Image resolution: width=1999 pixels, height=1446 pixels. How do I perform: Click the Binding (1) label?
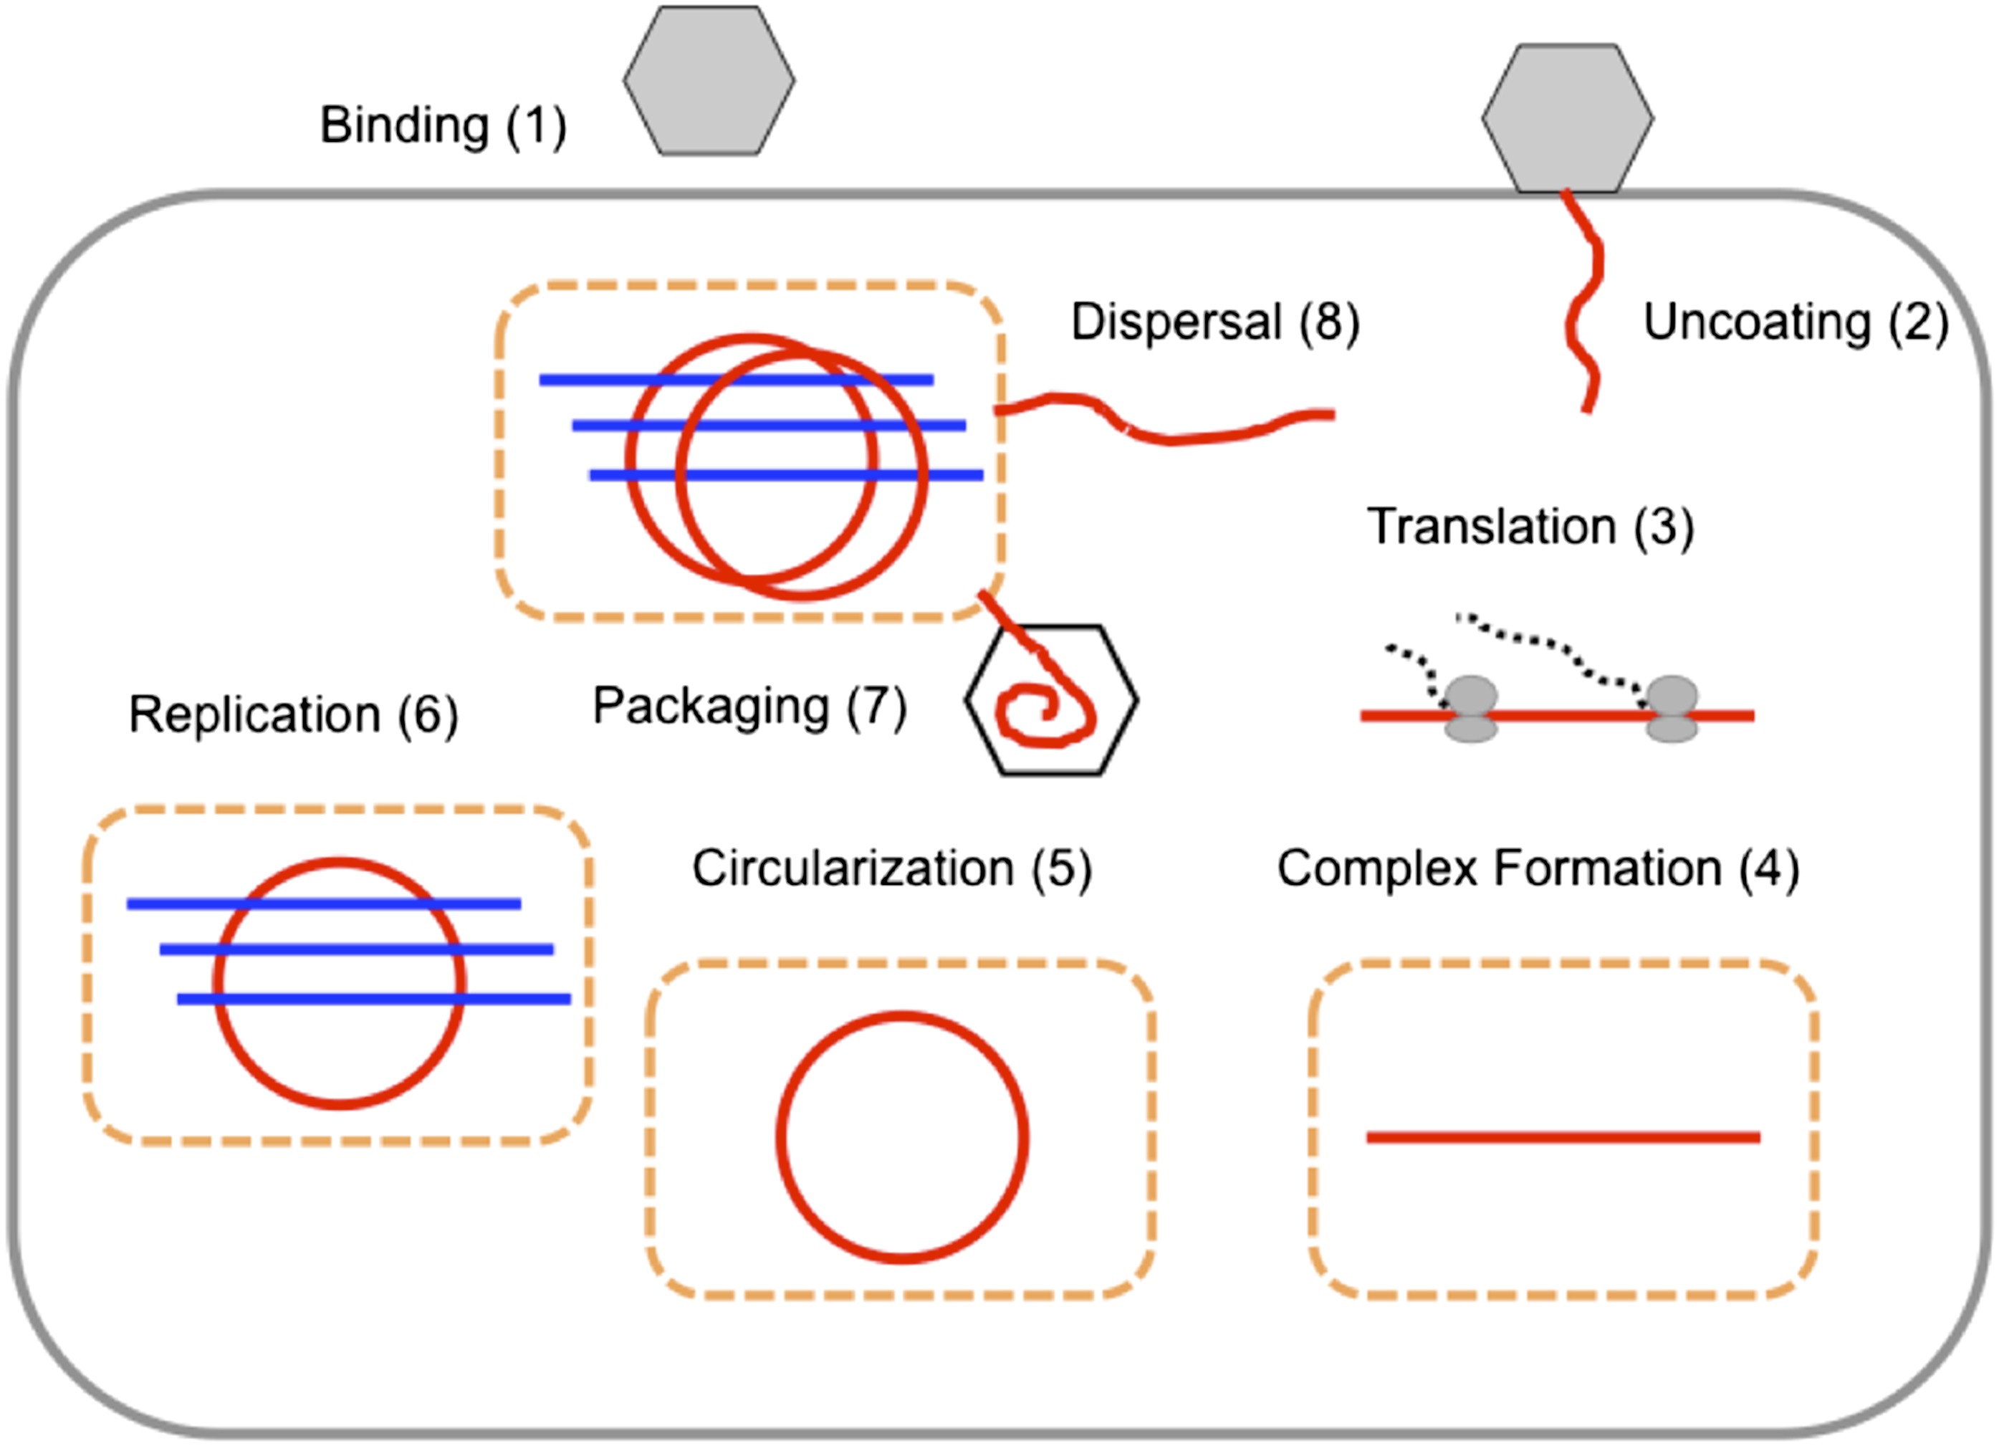[x=443, y=125]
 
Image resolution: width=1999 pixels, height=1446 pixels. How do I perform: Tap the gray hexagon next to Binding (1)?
[x=709, y=80]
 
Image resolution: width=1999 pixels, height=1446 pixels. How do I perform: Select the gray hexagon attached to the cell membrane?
[x=1567, y=118]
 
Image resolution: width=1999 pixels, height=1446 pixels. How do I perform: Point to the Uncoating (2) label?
[x=1796, y=322]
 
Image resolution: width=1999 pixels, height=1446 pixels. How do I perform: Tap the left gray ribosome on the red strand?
[x=1470, y=708]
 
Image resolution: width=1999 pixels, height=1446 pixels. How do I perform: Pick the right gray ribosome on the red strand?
[x=1672, y=708]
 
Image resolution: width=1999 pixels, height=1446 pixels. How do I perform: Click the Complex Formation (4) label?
[x=1538, y=868]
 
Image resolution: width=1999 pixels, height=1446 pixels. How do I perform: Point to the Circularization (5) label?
[x=892, y=868]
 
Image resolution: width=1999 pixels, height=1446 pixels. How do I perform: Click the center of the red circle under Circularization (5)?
[x=901, y=1137]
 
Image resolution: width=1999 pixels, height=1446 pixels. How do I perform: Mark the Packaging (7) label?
[x=749, y=707]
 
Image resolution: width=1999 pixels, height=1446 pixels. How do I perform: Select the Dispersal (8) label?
[x=1215, y=322]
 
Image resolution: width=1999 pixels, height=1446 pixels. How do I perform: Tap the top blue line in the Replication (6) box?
[x=323, y=904]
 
